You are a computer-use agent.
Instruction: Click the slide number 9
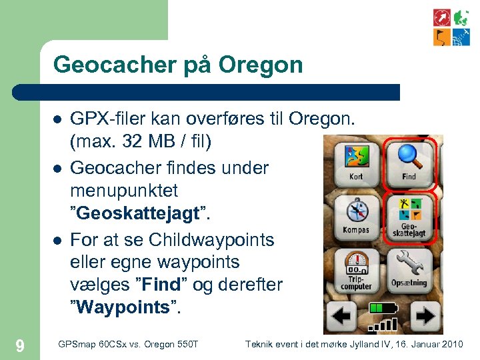[x=20, y=345]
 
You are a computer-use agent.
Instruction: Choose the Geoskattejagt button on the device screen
[x=409, y=216]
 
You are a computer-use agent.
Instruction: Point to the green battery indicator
[x=383, y=308]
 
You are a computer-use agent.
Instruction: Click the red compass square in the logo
[x=442, y=17]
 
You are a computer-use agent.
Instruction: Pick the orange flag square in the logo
[x=442, y=37]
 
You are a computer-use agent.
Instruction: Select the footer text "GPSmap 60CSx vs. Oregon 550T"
[x=129, y=344]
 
